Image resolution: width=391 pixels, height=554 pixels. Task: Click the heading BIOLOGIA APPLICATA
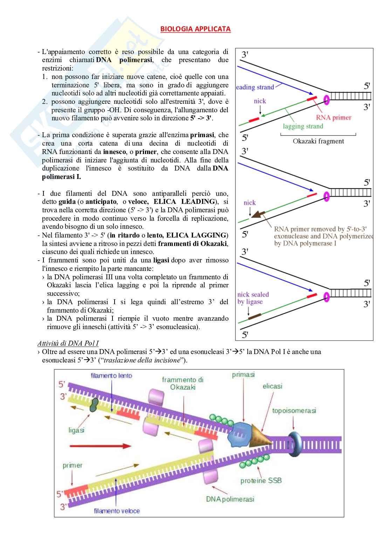(x=195, y=29)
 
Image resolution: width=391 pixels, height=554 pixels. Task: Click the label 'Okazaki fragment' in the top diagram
(x=318, y=141)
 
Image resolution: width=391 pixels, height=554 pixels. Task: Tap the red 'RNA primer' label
(x=333, y=118)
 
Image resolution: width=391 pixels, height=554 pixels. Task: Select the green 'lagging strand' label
(x=303, y=126)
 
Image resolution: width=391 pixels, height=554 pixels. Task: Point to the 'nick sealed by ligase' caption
(x=253, y=298)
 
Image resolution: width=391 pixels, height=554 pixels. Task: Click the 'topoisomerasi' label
(x=294, y=411)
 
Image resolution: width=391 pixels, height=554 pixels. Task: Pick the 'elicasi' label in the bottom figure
(x=272, y=386)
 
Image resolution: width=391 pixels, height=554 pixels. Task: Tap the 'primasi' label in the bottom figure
(x=243, y=375)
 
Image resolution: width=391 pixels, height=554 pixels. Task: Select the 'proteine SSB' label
(x=261, y=480)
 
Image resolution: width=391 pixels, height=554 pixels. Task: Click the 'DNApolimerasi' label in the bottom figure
(x=230, y=499)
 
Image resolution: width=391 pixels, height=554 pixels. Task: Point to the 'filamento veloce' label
(x=117, y=511)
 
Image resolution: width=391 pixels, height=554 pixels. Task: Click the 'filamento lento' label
(x=111, y=375)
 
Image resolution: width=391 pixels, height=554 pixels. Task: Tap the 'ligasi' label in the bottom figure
(x=76, y=430)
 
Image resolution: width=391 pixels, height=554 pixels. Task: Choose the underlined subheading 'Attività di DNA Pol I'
(x=68, y=343)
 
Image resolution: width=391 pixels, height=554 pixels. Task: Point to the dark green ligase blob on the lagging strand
(x=94, y=405)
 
